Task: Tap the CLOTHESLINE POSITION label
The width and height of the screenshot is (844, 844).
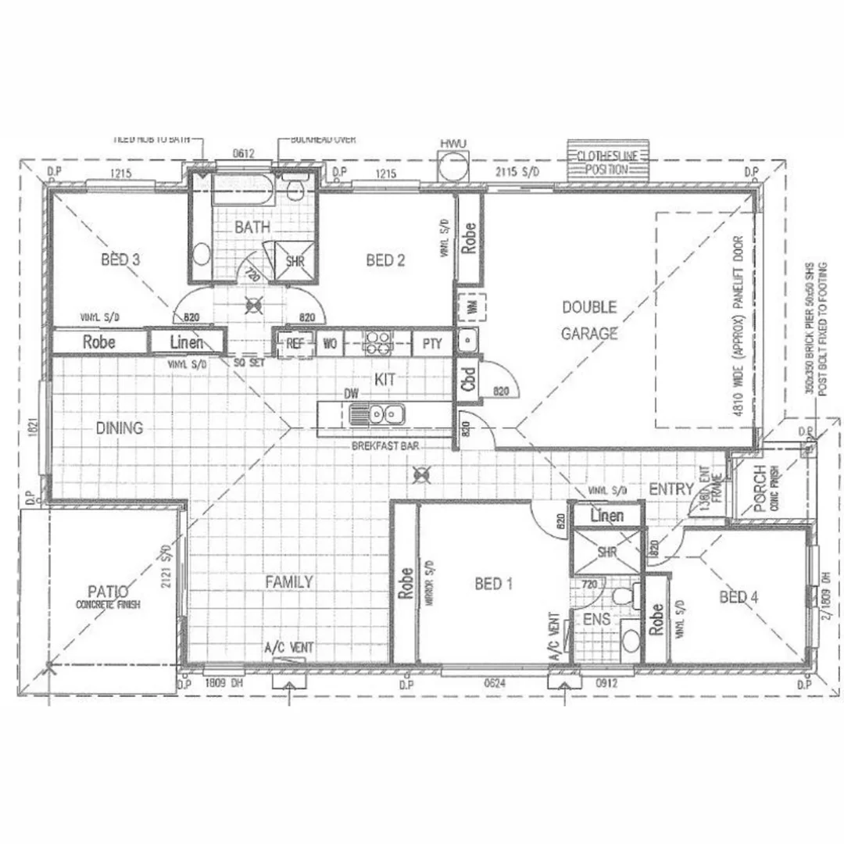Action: [603, 163]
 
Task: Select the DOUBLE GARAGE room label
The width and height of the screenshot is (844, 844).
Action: [589, 320]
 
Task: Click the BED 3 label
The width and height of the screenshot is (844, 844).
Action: [120, 260]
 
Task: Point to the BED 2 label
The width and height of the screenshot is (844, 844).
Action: [385, 260]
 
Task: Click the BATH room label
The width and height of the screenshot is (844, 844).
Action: [252, 227]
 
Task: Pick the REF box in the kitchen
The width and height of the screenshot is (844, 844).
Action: [295, 343]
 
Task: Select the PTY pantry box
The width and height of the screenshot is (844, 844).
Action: [432, 343]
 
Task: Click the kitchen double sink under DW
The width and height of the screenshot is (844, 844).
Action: [377, 413]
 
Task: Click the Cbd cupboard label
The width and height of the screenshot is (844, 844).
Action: [469, 381]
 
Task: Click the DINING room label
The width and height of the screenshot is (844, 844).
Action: [120, 428]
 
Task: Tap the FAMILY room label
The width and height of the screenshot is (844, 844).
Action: [288, 581]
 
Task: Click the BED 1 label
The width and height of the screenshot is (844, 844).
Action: [493, 584]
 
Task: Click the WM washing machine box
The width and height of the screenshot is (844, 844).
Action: [470, 309]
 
